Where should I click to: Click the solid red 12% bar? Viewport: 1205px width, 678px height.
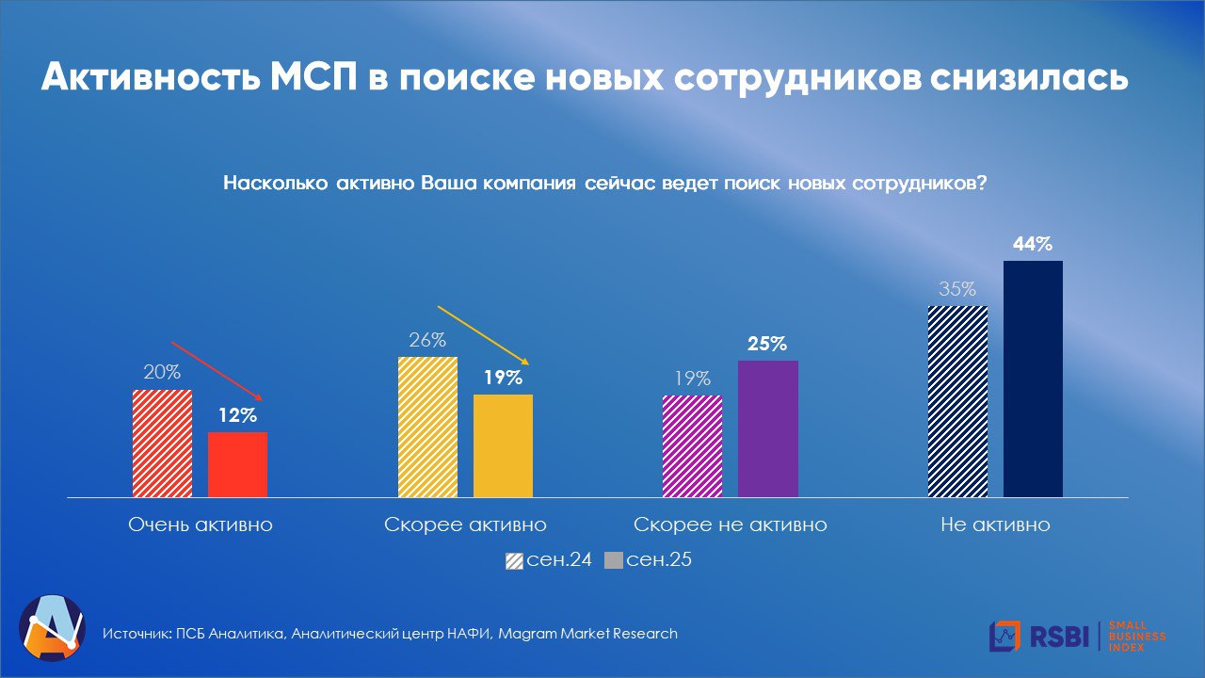click(237, 464)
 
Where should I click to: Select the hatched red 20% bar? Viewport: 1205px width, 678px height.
click(162, 443)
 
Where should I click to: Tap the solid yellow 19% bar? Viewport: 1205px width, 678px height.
click(503, 445)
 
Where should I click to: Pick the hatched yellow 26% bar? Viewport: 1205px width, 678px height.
click(427, 427)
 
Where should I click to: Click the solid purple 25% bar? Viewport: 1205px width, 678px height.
click(768, 428)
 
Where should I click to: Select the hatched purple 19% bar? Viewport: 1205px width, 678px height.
click(693, 445)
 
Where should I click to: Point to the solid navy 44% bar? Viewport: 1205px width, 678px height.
click(1033, 379)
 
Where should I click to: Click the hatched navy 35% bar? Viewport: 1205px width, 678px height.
click(957, 401)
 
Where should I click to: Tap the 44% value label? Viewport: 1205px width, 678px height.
click(1033, 245)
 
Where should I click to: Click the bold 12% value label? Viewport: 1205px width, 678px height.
click(238, 415)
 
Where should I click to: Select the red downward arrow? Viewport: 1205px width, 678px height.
click(217, 370)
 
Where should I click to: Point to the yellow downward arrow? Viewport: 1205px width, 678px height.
click(485, 335)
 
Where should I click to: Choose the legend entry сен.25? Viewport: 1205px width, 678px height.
click(649, 560)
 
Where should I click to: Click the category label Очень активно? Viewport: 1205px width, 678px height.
click(201, 525)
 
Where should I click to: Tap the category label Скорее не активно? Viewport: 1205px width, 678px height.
click(731, 525)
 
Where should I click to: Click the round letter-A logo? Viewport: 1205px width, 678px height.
click(52, 627)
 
